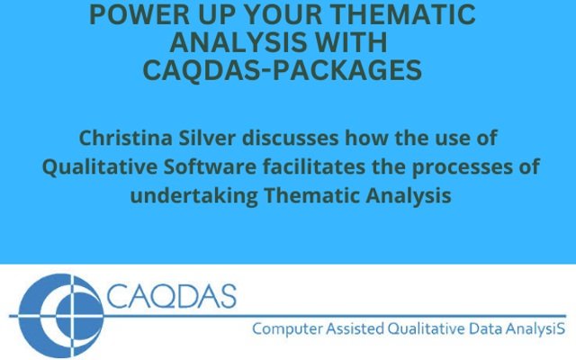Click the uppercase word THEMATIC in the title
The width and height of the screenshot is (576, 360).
point(404,14)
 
